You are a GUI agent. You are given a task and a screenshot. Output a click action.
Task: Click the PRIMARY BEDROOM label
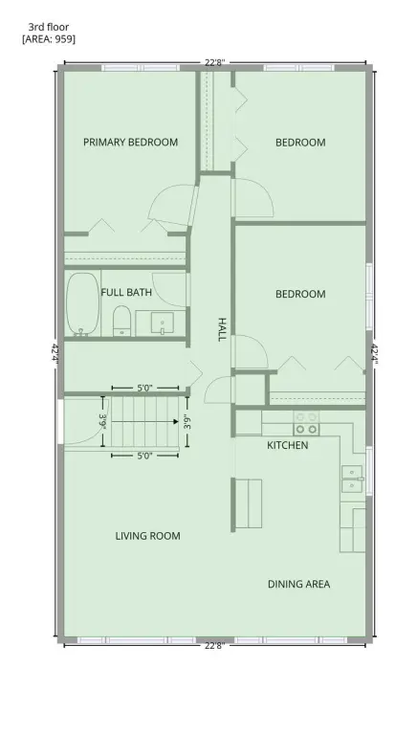130,142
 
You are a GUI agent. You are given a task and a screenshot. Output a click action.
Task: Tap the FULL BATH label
126,293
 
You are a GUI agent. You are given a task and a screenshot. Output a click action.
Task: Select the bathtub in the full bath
82,304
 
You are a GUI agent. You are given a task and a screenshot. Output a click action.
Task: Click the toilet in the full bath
121,321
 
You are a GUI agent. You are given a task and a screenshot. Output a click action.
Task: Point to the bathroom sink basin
163,323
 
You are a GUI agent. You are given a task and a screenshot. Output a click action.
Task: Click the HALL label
222,329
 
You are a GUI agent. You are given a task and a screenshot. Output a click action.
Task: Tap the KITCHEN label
288,445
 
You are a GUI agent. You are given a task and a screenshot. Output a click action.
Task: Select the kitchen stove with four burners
306,423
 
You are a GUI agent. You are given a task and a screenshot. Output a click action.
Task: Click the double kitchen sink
352,479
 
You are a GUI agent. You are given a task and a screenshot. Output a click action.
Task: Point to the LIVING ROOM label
147,536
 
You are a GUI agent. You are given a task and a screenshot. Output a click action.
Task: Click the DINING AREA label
299,584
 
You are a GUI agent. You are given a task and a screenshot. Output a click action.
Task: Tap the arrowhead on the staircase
176,421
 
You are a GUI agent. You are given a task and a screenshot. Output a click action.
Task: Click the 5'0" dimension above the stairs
145,389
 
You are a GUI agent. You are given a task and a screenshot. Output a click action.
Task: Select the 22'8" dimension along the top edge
214,62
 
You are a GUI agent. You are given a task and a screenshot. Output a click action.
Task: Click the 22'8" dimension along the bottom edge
214,646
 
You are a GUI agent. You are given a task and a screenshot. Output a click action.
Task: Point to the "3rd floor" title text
48,27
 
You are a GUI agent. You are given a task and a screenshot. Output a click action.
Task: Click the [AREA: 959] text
49,39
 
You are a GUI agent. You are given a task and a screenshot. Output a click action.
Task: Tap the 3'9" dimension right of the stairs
187,421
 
